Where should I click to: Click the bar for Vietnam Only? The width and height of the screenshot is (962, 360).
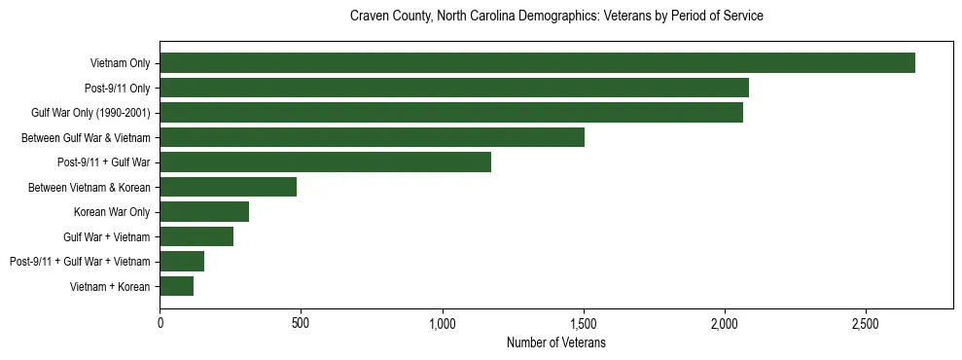click(537, 63)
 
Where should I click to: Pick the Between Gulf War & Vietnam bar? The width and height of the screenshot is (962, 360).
click(372, 137)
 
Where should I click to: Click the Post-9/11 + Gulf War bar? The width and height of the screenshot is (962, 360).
click(325, 162)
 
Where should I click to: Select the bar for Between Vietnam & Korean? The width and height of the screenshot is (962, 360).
click(228, 187)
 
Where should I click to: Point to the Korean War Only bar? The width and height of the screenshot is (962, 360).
click(204, 212)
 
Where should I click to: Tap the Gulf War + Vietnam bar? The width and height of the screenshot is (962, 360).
click(196, 236)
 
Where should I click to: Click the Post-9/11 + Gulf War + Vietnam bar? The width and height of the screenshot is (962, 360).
click(182, 262)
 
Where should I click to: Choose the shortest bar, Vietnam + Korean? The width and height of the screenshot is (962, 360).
click(176, 286)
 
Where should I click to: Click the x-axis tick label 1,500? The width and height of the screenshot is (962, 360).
click(584, 323)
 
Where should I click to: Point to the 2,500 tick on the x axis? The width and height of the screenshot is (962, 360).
click(866, 323)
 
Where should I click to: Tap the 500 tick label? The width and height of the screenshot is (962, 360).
click(301, 323)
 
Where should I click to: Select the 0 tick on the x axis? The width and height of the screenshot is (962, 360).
click(160, 323)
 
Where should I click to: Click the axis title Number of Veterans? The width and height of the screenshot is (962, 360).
click(556, 343)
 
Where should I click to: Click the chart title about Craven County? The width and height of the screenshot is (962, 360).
click(556, 17)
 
